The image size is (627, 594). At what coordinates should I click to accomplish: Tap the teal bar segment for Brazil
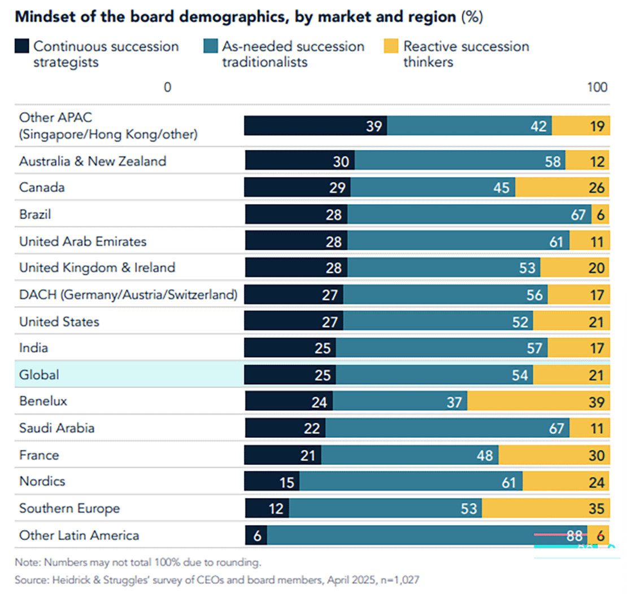pyautogui.click(x=469, y=214)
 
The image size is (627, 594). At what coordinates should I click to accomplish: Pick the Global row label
pyautogui.click(x=39, y=375)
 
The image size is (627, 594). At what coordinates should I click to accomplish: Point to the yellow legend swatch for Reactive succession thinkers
pyautogui.click(x=391, y=46)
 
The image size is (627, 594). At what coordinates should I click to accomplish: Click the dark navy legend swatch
pyautogui.click(x=21, y=46)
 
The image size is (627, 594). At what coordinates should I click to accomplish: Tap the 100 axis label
pyautogui.click(x=597, y=87)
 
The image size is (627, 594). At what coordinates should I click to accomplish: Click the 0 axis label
pyautogui.click(x=167, y=87)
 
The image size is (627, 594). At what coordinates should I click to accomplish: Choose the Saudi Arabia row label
pyautogui.click(x=56, y=428)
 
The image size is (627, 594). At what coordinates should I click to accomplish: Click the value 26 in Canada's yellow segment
pyautogui.click(x=596, y=188)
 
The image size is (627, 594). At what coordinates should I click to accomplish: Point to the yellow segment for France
pyautogui.click(x=554, y=455)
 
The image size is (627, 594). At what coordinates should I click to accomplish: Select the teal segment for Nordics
pyautogui.click(x=411, y=482)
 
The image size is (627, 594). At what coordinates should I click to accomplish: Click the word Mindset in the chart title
pyautogui.click(x=42, y=16)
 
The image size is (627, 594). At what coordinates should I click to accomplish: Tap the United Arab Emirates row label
pyautogui.click(x=82, y=241)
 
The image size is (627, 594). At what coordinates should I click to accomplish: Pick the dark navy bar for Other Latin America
pyautogui.click(x=256, y=535)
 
